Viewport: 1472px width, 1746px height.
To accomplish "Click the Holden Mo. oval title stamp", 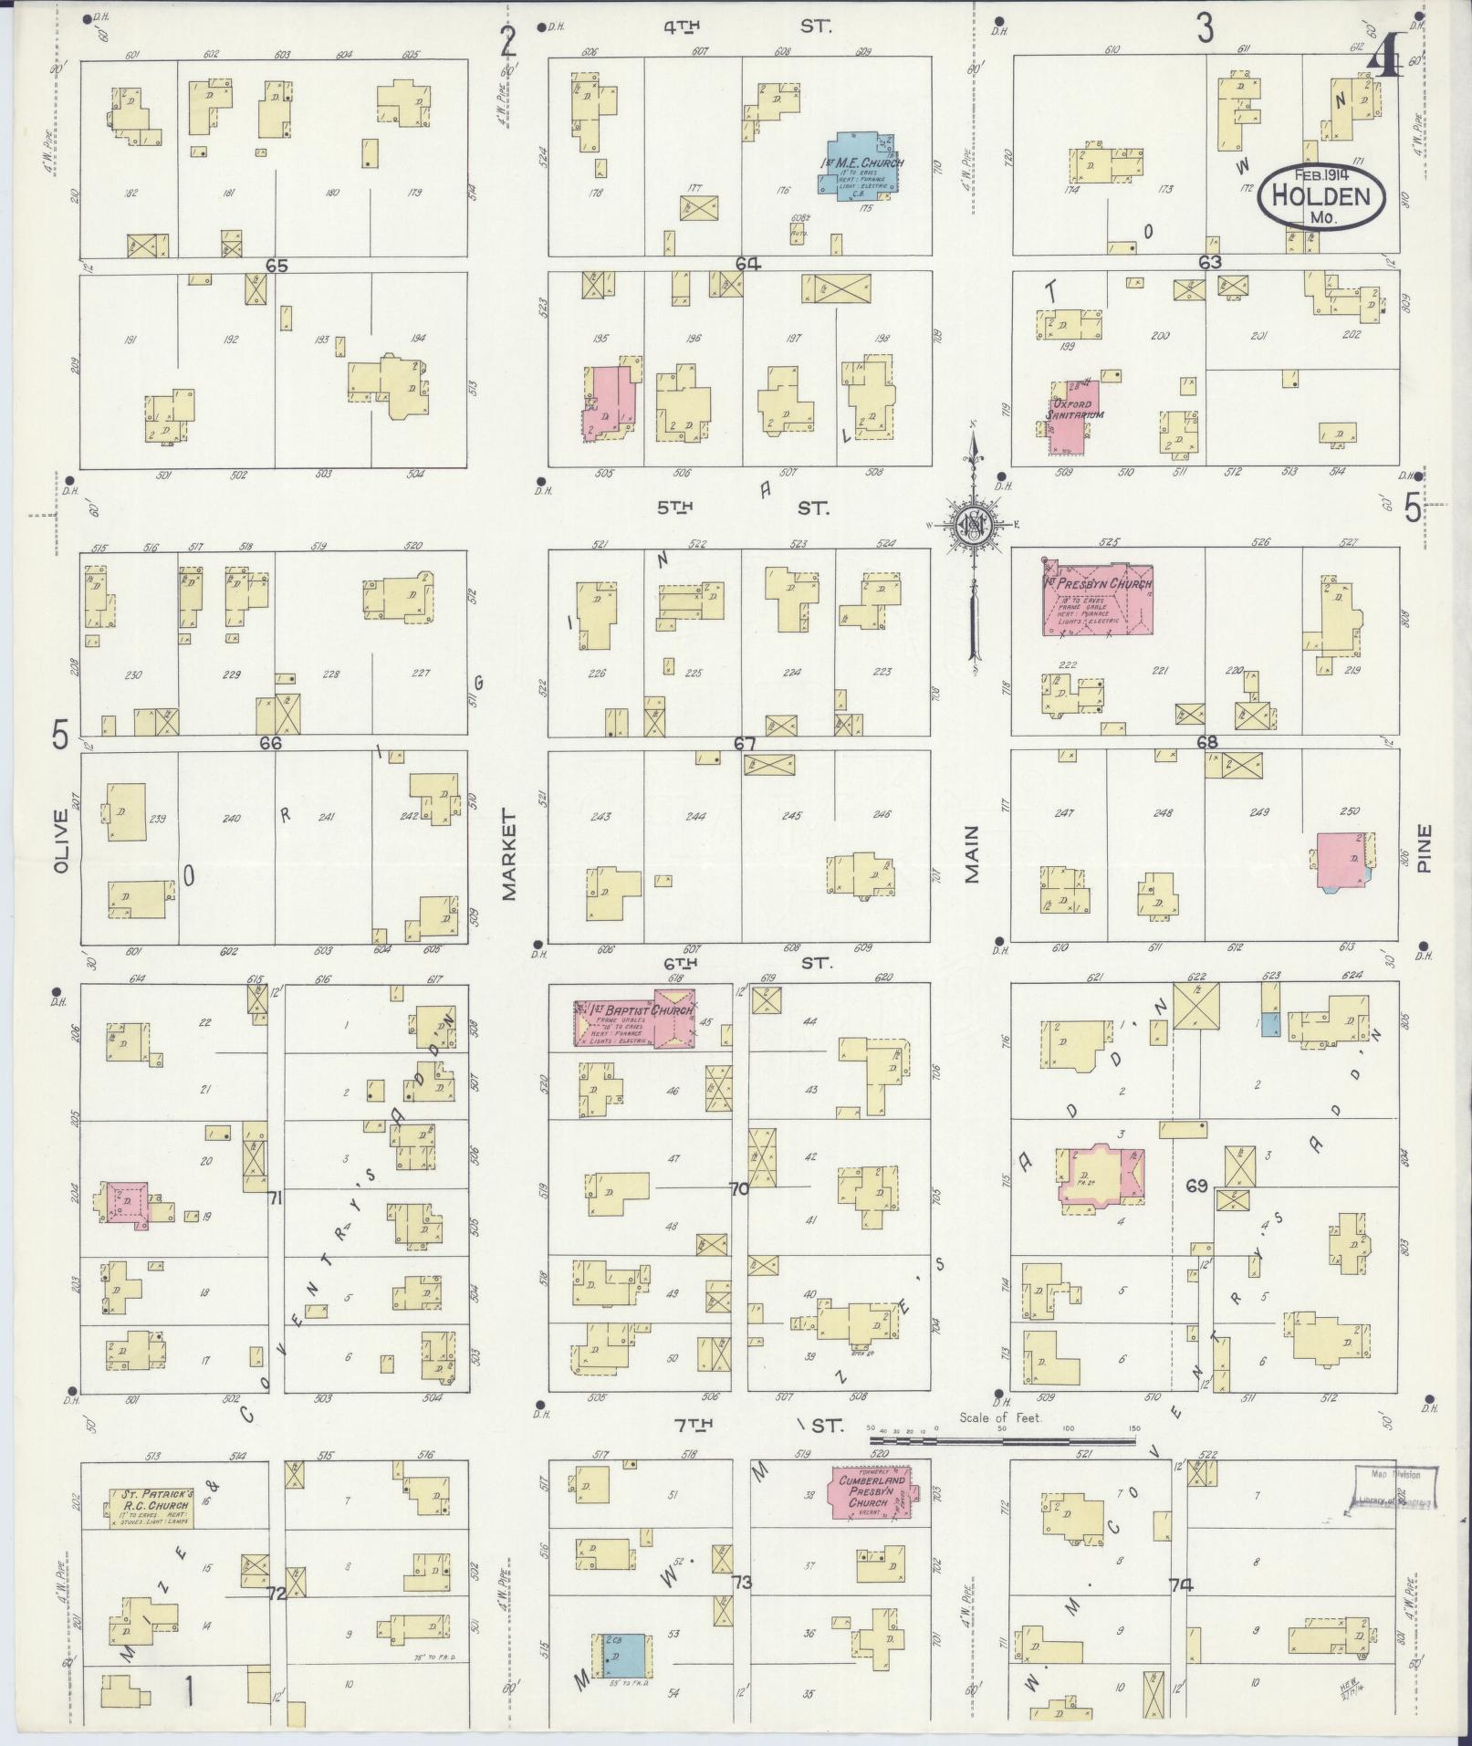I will tap(1321, 195).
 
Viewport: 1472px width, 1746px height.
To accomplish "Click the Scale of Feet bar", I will tap(1002, 1441).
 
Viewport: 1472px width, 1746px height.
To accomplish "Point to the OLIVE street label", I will tap(61, 841).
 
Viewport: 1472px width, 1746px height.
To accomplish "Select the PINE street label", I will tap(1425, 848).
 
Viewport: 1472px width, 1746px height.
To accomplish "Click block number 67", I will tap(745, 744).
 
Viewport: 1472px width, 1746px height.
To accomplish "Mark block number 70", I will tap(738, 1188).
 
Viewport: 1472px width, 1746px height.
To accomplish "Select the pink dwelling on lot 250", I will tap(1342, 860).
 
